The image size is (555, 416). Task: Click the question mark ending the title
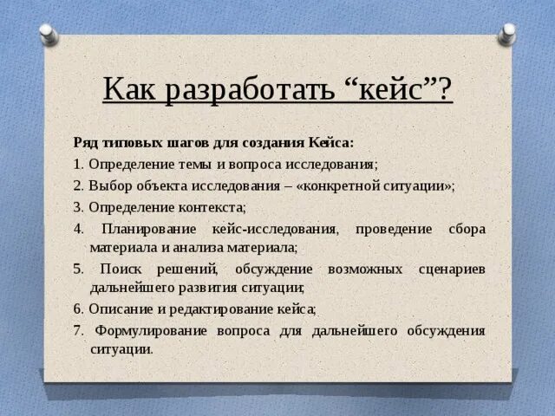444,88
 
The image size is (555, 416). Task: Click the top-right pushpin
507,35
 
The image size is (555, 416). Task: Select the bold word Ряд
85,142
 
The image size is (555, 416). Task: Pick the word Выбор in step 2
108,185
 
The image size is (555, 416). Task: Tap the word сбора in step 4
467,229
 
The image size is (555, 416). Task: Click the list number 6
77,309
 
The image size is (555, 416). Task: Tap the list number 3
77,207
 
